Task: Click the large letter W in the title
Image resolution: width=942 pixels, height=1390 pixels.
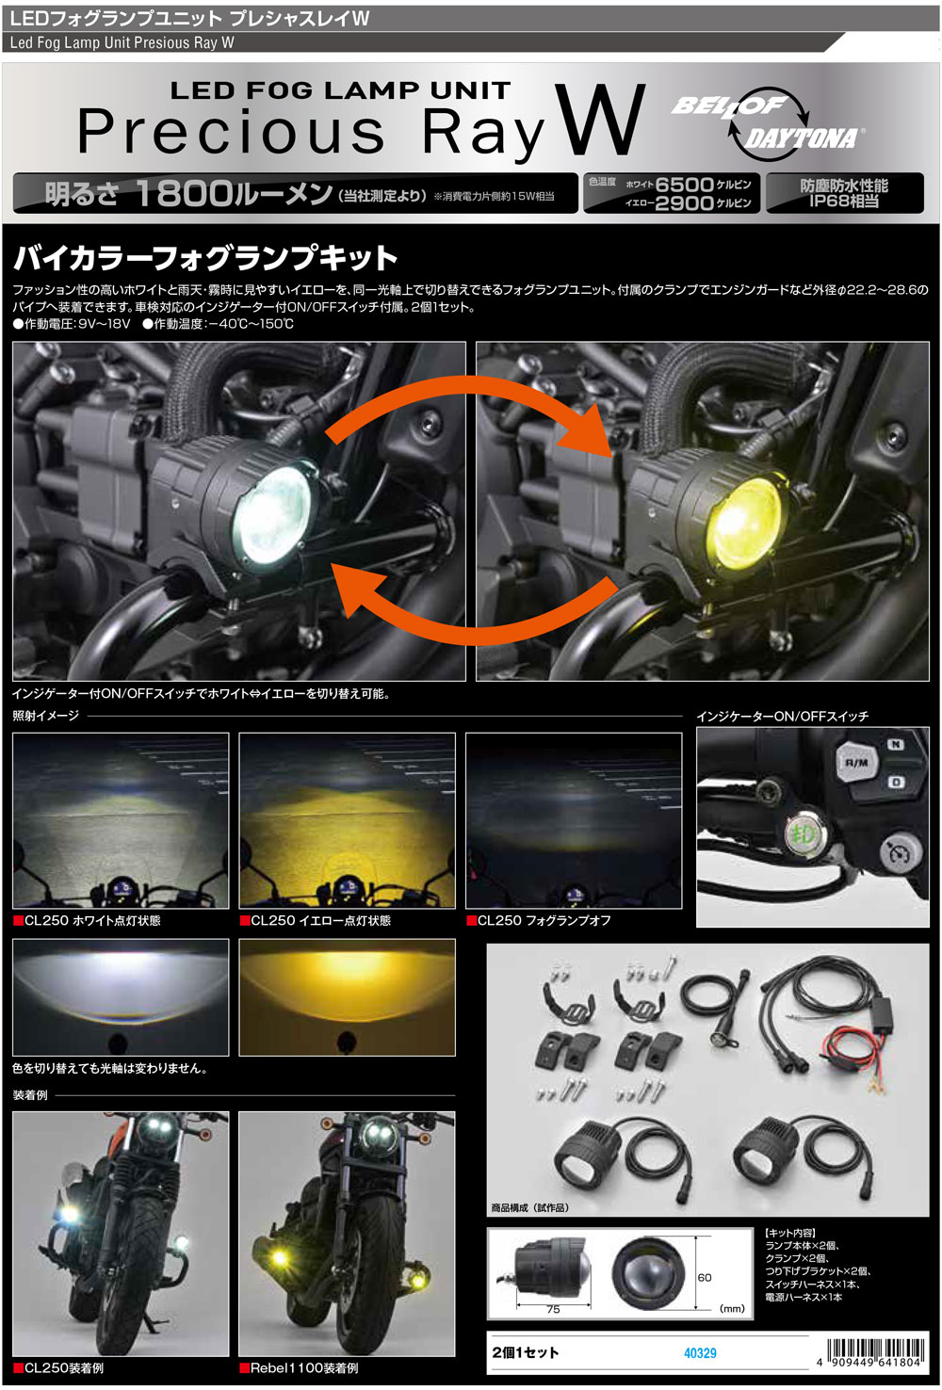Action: coord(600,121)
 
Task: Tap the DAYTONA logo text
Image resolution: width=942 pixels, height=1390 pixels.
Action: coord(802,139)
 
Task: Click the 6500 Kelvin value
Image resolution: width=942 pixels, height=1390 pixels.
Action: coord(684,185)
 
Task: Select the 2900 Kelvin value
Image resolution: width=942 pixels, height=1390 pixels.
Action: coord(684,202)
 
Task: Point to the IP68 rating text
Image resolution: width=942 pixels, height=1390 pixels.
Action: coord(844,201)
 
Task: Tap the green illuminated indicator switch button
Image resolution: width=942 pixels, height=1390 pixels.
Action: coord(804,833)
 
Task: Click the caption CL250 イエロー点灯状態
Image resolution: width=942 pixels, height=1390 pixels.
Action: coord(320,920)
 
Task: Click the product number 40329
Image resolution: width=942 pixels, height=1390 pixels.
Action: coord(700,1352)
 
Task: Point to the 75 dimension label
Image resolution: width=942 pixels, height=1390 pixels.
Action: coord(553,1309)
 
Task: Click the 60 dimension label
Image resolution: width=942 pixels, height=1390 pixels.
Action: coord(705,1277)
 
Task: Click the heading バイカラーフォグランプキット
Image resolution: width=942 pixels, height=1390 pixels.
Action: coord(205,257)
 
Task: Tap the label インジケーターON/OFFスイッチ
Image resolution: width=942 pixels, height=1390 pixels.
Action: coord(782,716)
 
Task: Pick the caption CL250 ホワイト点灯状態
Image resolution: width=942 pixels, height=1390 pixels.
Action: coord(92,920)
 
